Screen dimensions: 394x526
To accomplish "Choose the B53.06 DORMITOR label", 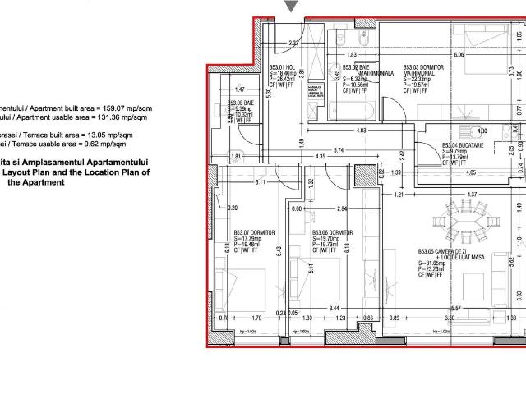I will coord(332,232).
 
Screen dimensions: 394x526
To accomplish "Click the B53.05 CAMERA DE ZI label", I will coord(441,252).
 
